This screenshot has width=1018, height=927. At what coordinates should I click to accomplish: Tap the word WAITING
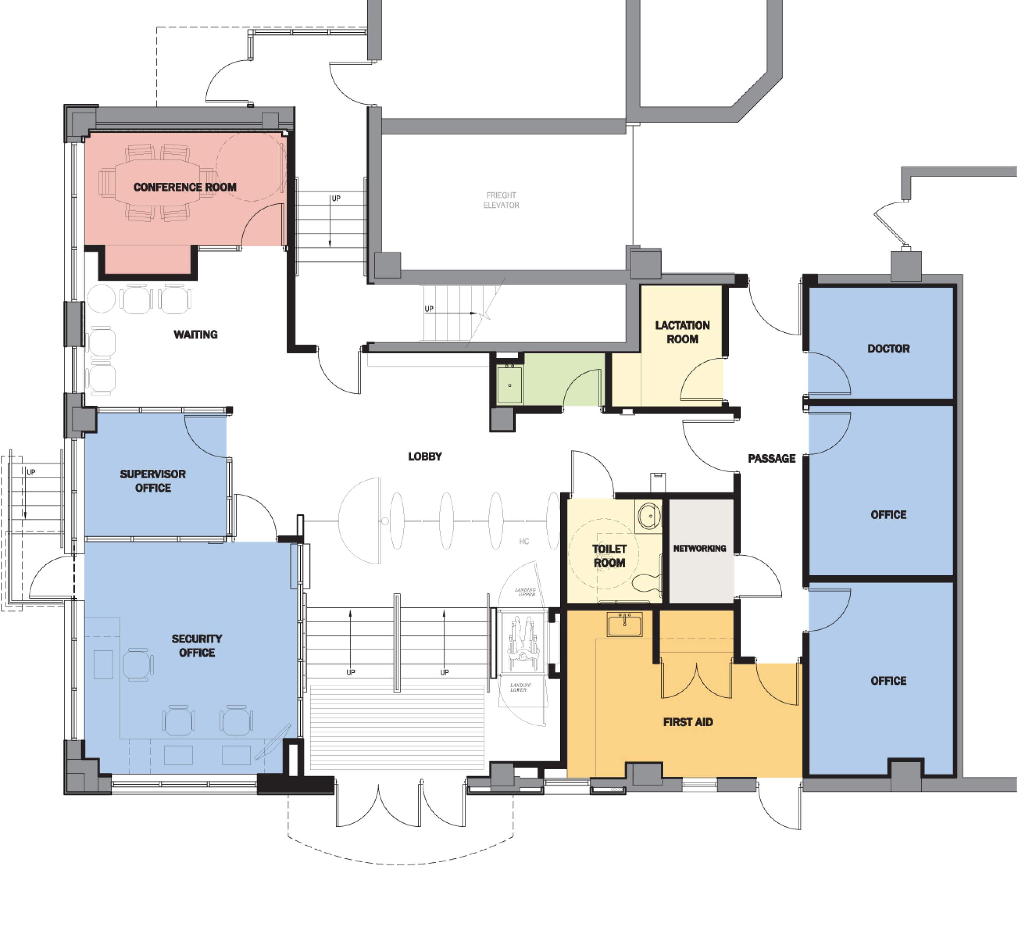click(195, 335)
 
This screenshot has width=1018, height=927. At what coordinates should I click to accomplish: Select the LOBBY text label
click(425, 457)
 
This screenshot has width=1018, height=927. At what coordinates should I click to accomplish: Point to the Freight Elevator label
click(501, 200)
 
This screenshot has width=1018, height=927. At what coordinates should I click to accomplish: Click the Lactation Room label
click(682, 332)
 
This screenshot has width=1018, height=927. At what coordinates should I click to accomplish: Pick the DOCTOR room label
click(888, 348)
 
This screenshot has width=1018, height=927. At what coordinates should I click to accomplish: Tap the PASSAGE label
click(771, 459)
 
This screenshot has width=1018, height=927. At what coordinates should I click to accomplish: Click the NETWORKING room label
click(699, 548)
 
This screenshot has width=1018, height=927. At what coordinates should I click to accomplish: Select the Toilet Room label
click(609, 556)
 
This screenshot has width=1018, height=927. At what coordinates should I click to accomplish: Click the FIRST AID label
click(688, 722)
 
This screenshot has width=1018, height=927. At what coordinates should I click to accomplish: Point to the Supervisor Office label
click(152, 481)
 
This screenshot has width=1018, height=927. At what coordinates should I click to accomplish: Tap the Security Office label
click(196, 646)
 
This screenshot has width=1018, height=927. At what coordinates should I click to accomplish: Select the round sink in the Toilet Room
click(649, 516)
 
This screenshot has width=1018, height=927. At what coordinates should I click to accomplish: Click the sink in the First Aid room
click(625, 625)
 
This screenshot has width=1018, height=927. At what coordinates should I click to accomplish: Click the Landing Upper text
click(525, 592)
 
